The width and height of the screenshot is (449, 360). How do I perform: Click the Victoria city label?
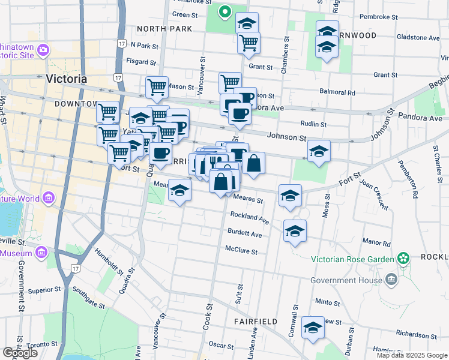(x=66, y=79)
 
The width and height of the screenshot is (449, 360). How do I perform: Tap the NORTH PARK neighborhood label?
(x=164, y=29)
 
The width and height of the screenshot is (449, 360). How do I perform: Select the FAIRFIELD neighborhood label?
(x=256, y=322)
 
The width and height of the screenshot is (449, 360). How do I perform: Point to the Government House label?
(x=346, y=280)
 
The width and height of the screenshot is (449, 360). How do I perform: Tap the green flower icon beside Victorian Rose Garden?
(x=403, y=259)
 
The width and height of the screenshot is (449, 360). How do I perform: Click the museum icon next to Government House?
(x=391, y=280)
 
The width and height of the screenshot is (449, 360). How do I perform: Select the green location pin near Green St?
(x=224, y=11)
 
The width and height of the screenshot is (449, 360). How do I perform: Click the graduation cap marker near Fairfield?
(x=313, y=328)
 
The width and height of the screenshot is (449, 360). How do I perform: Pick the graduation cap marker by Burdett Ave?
(x=295, y=231)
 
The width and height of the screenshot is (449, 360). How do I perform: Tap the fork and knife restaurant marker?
(x=214, y=163)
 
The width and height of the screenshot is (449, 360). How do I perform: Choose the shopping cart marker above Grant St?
(x=248, y=43)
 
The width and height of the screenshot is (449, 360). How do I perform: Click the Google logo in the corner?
(x=20, y=353)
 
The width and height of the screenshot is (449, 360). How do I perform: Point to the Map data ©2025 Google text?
(x=411, y=355)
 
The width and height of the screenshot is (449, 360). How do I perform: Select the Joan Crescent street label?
(x=374, y=196)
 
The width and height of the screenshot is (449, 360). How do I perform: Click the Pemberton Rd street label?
(x=414, y=181)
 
